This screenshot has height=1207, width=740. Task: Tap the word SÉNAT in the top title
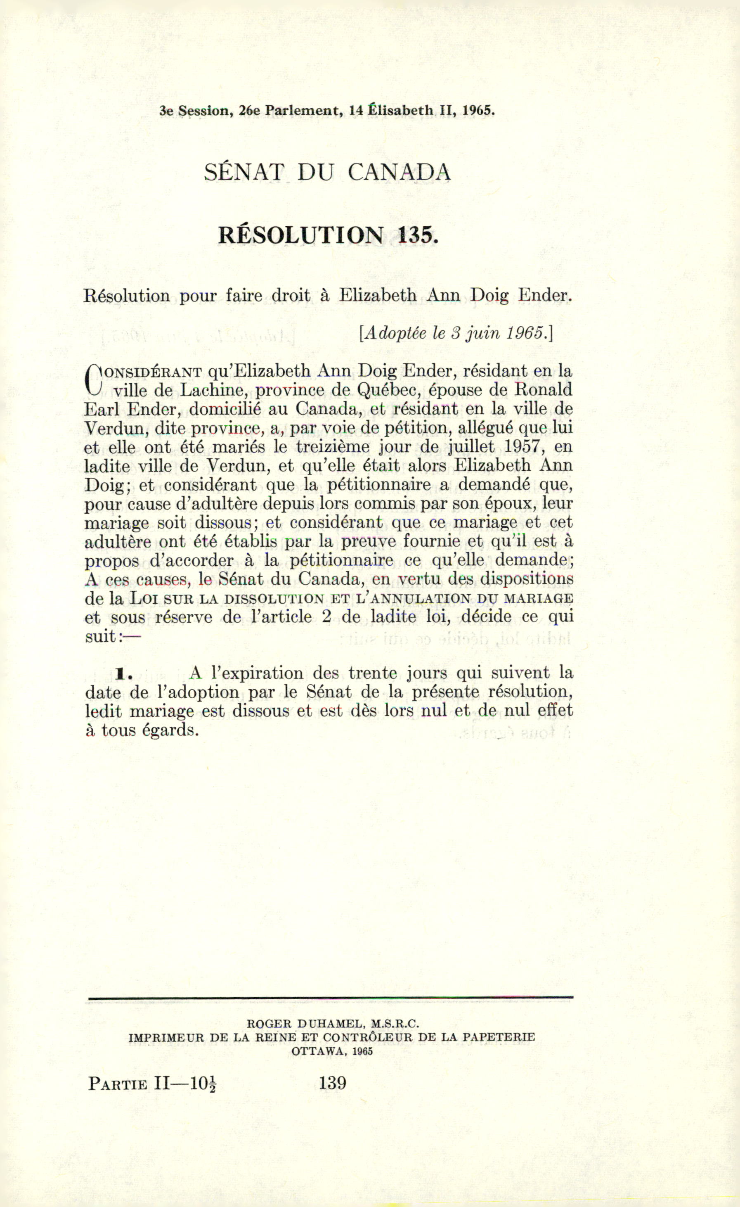244,173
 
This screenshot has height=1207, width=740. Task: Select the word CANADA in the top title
399,173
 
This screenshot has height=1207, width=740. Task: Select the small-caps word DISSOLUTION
273,599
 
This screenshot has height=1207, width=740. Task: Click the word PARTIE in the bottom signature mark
118,1084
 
